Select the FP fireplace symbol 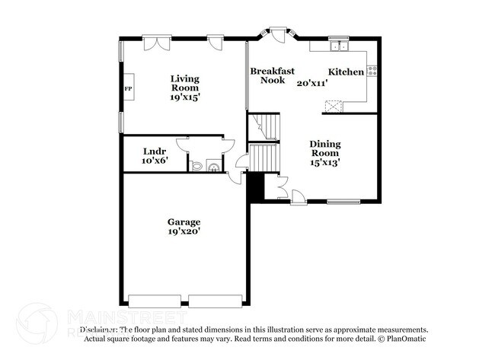tap(128, 88)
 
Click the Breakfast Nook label tap(272, 75)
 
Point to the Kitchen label tap(346, 72)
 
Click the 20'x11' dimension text tap(311, 82)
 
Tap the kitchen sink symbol tap(338, 46)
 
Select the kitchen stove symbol tap(372, 71)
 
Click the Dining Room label tap(324, 148)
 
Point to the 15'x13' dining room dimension tap(324, 161)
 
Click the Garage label tap(184, 222)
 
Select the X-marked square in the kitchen tap(333, 106)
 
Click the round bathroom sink tap(212, 165)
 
